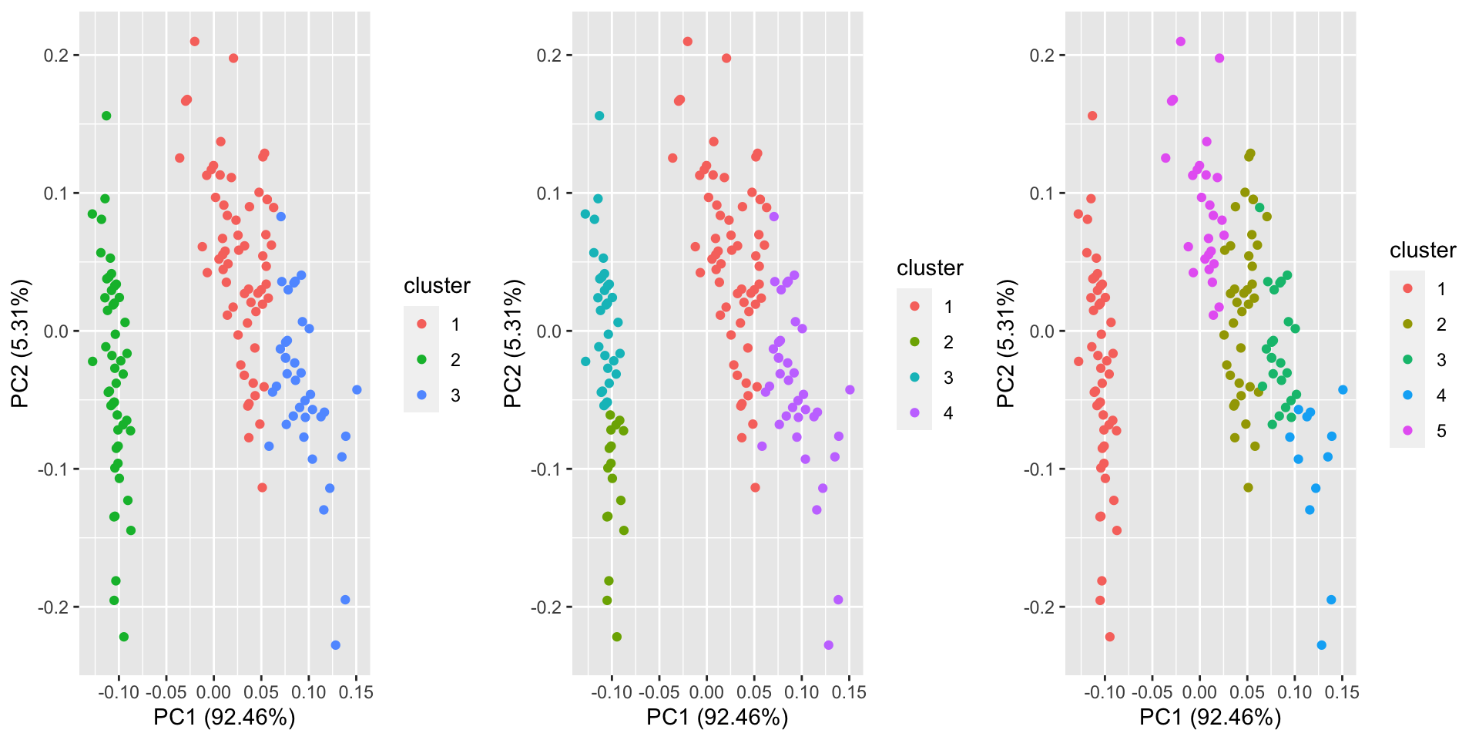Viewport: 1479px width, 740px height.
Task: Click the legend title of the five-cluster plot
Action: (x=1422, y=251)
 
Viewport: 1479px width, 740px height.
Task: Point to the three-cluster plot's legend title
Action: (x=437, y=286)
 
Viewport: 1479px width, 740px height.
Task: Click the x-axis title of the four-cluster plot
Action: (x=716, y=718)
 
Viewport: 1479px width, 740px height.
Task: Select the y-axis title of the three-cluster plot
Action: (x=21, y=343)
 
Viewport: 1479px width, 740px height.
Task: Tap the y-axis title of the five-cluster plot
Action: (x=1007, y=343)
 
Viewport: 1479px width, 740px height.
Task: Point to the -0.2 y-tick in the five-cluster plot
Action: (x=1041, y=607)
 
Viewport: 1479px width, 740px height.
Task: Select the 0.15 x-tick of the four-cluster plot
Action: (x=850, y=692)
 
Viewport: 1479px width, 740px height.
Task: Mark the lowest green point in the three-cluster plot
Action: (x=124, y=637)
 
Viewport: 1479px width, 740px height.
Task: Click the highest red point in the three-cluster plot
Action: (x=195, y=42)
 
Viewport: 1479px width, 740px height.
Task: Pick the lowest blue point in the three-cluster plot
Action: (x=335, y=645)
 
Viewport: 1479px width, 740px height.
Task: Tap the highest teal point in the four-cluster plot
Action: (x=599, y=116)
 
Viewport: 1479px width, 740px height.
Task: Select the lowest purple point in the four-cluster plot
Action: (x=828, y=645)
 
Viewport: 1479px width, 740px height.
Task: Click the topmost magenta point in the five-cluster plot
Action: (x=1181, y=42)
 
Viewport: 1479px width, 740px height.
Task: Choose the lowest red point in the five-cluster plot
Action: (x=1110, y=637)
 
